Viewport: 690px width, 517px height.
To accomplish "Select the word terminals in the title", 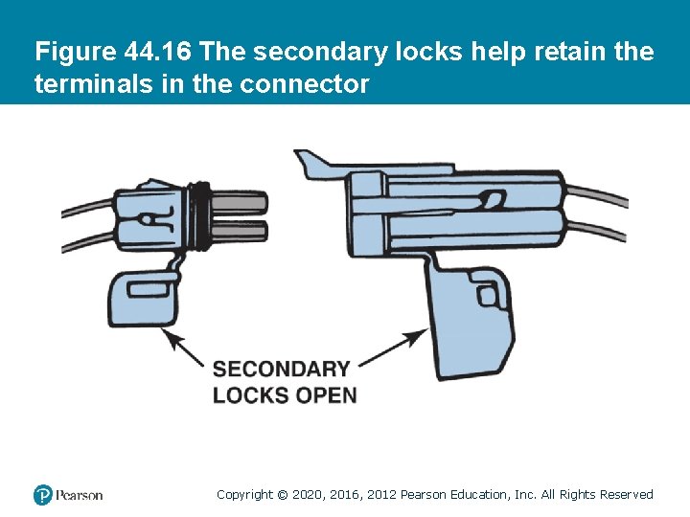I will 84,84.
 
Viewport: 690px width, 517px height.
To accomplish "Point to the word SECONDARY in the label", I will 281,370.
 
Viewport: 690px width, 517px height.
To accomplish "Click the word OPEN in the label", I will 327,394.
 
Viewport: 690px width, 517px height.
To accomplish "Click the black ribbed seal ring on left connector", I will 201,214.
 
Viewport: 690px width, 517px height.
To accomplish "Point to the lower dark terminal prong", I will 240,229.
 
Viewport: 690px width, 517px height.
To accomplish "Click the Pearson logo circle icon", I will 42,495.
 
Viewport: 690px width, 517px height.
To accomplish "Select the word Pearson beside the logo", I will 80,495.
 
